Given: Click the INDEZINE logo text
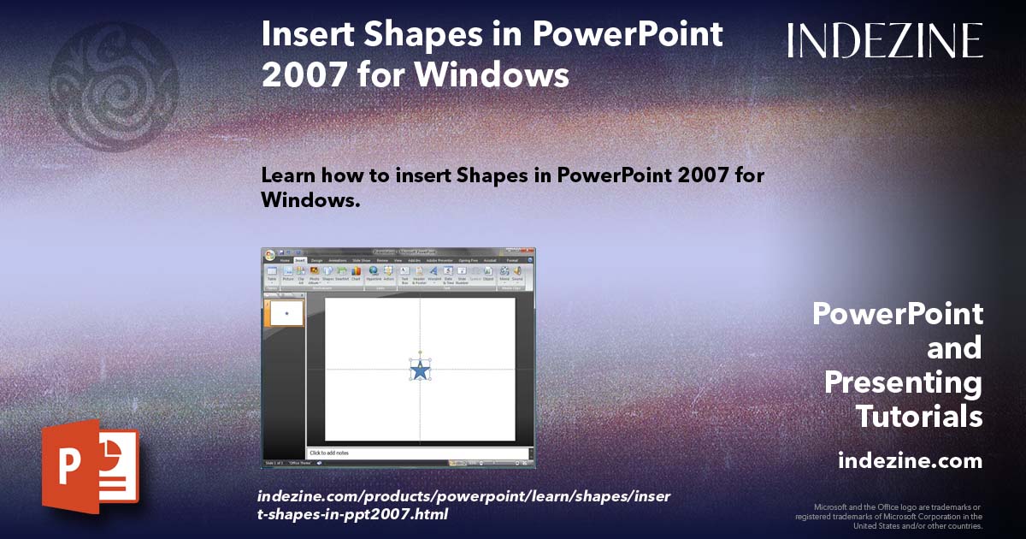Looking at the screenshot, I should pos(885,40).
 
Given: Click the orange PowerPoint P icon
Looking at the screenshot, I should pos(90,466).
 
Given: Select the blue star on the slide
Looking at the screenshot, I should pos(420,370).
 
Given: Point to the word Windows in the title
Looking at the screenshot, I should pos(486,74).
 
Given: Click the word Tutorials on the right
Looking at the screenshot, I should pos(919,417).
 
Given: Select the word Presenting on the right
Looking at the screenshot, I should pos(903,382).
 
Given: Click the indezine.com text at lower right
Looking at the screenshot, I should pos(910,461).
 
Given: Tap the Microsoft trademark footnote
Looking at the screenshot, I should pos(889,517).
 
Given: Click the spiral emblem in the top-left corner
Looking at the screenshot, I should pos(114,88).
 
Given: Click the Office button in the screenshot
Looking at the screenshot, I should pos(270,256).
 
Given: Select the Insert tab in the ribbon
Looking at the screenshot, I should pos(300,260).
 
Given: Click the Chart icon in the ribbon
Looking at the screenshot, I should pos(356,273).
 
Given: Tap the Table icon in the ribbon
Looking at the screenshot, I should pos(272,273).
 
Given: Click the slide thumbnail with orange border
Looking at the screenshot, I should pos(286,313).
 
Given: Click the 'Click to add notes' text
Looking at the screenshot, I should pos(329,453).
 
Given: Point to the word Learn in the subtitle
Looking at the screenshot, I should pos(289,175).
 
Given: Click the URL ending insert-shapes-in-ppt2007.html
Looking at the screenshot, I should pos(353,515).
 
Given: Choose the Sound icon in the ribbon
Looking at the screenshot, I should pos(517,273).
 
